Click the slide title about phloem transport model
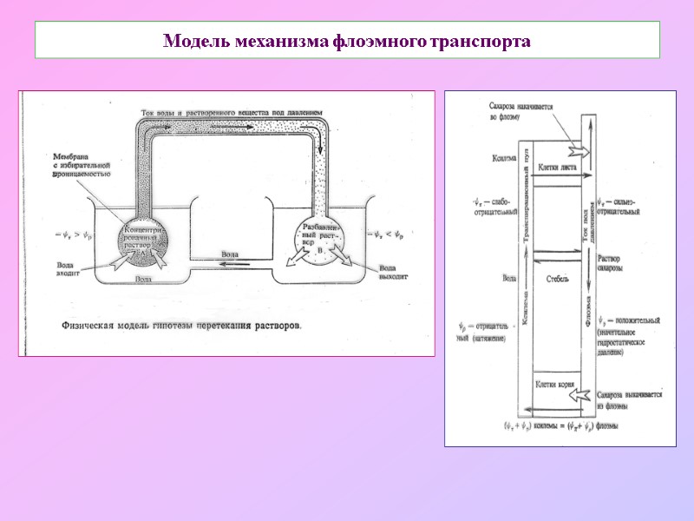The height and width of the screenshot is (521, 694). (347, 41)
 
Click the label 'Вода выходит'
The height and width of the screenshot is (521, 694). (392, 274)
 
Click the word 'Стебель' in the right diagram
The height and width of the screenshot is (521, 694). (558, 279)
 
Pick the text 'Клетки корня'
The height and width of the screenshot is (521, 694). (558, 380)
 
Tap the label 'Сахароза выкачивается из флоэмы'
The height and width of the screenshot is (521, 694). (629, 399)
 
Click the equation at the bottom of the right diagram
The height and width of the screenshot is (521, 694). (555, 426)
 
